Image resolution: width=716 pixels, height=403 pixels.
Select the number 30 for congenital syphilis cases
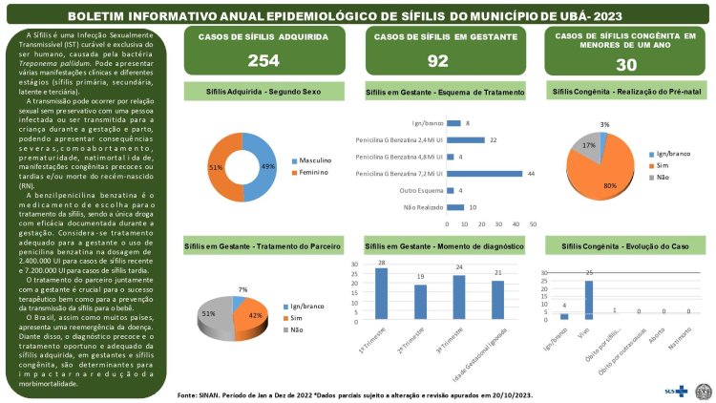[625, 64]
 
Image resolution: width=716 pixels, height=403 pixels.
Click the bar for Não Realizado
[454, 206]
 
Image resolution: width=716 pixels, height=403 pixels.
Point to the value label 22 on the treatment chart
[493, 140]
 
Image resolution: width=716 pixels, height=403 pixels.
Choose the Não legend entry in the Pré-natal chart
[661, 178]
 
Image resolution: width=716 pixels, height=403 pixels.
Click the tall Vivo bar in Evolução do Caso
[589, 300]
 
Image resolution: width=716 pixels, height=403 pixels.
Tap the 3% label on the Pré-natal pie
[605, 124]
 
